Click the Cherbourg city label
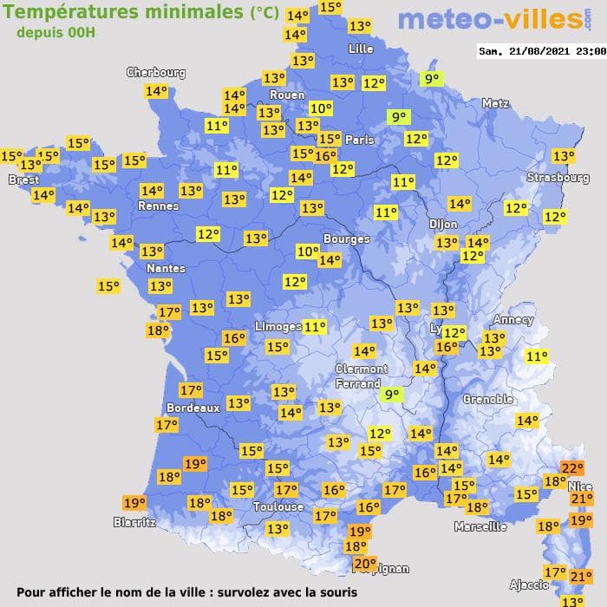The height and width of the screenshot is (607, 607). coord(156,73)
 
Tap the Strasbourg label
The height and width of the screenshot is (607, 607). coord(558,178)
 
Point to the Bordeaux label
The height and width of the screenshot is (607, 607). coord(193,408)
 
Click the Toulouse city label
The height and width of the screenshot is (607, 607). coord(278,506)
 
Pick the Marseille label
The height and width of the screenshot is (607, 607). coord(480,526)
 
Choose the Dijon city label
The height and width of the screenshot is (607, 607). coord(442,223)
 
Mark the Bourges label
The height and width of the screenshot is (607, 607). coord(346,238)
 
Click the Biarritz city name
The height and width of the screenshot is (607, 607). coord(134,522)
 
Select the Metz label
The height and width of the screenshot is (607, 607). coord(495,103)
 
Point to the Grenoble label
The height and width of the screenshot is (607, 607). coord(488,400)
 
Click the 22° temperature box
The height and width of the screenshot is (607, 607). coord(572,468)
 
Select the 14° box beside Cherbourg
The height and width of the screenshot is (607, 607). coord(156,91)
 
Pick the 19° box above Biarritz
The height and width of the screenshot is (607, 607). coord(134,502)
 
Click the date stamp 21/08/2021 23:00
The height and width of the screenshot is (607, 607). coord(542,51)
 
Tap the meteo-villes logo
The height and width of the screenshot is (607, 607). coord(488,19)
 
